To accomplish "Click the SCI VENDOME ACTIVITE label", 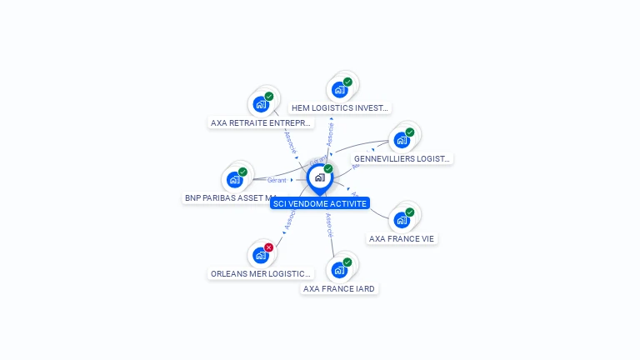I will point(319,203).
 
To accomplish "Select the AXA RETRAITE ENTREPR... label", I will point(262,122).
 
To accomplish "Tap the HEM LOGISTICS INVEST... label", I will point(339,107).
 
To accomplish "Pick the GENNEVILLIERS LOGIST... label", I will point(401,158).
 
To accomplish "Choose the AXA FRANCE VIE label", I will point(402,238).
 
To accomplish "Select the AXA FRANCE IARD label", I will point(339,288).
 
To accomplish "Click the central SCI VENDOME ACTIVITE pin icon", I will point(319,177).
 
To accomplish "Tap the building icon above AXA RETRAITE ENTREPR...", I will point(261,105).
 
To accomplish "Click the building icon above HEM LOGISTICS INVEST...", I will point(339,90).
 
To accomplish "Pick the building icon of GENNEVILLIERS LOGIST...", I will point(402,140).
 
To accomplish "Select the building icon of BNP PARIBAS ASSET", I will point(235,180).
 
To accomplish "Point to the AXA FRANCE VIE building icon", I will point(402,220).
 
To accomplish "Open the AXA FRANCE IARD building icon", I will point(339,270).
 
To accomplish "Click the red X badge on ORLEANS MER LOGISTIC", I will point(268,247).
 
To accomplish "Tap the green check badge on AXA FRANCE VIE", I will point(409,212).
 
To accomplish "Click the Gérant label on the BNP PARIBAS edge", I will point(277,180).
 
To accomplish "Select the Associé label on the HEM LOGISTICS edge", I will point(330,135).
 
